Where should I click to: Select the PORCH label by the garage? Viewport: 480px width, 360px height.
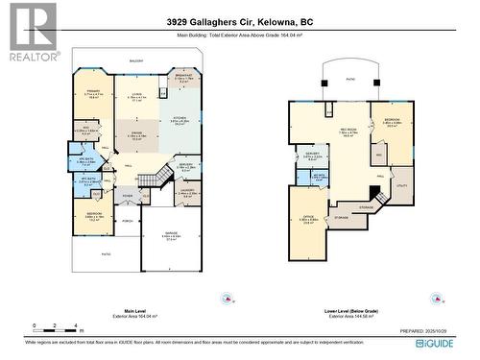click(127, 220)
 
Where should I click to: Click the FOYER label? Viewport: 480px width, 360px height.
click(127, 197)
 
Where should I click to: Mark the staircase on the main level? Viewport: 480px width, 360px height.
click(150, 180)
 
